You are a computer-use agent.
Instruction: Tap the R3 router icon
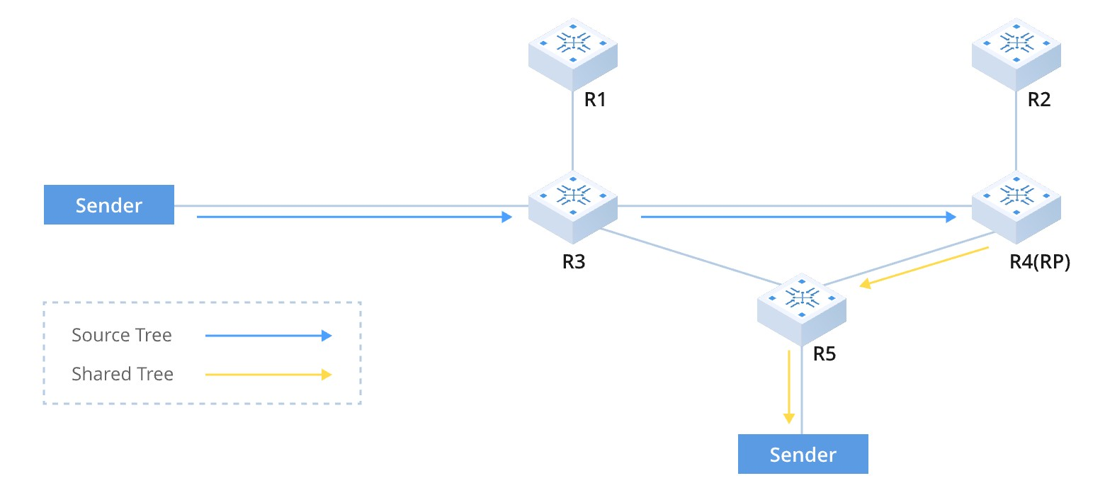573,206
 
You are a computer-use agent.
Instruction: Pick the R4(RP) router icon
1016,206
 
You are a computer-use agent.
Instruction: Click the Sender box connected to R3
109,205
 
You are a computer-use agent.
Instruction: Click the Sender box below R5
803,454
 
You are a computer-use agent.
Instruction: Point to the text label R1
595,100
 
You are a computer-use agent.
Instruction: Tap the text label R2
1038,100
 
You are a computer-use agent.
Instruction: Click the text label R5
824,353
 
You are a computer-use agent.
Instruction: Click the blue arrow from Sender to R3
354,217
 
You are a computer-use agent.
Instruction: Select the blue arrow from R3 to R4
797,217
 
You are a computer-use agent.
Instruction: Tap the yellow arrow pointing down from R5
788,387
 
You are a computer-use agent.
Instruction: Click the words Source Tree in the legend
122,335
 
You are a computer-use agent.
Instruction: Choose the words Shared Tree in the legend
123,374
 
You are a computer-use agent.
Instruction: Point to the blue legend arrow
268,336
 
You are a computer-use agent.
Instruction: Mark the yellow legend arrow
268,375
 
